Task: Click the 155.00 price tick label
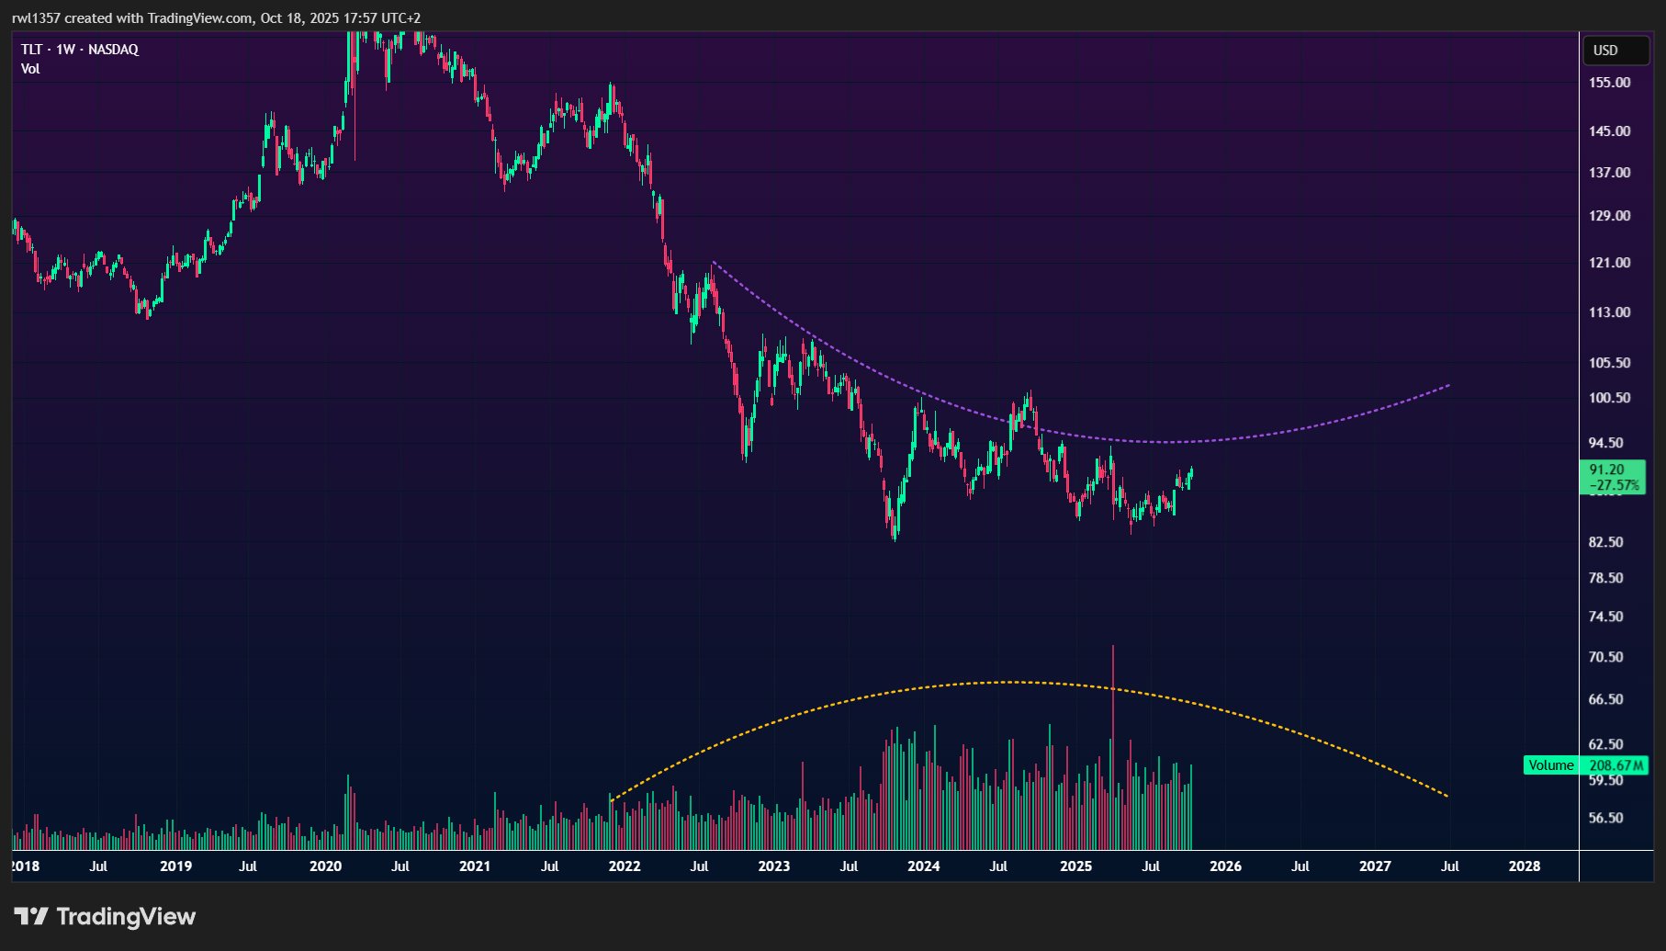click(1609, 83)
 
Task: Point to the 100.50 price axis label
click(1609, 398)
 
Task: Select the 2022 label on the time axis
click(625, 866)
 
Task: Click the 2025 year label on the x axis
click(1075, 866)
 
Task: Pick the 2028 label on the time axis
click(1525, 866)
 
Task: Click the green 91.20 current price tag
click(1606, 470)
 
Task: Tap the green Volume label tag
click(1550, 765)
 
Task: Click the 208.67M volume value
click(1615, 765)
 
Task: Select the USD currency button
click(1605, 51)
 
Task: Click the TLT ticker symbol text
click(31, 50)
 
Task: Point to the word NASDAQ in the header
click(113, 50)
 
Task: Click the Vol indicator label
click(30, 69)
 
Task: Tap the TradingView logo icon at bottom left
click(31, 916)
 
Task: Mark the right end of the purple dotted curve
click(1449, 385)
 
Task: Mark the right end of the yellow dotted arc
click(1448, 797)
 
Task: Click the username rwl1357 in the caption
click(36, 18)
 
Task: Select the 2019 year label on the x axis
click(175, 866)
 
